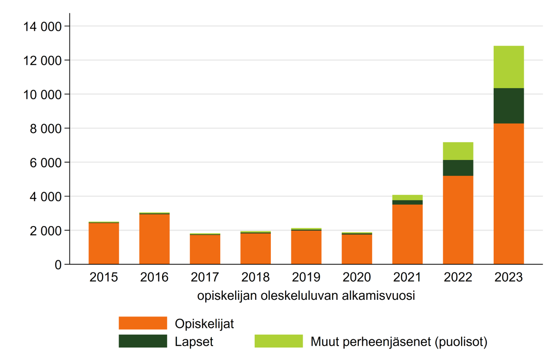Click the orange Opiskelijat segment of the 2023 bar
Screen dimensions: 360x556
(x=508, y=194)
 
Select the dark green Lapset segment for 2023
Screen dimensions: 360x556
(x=508, y=106)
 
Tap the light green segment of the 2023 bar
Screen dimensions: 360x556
(x=508, y=67)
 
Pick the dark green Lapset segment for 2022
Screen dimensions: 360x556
(x=458, y=168)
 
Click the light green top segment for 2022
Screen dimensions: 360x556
(x=458, y=151)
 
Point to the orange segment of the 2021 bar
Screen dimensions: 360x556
(x=407, y=234)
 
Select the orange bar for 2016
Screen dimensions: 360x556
(x=155, y=239)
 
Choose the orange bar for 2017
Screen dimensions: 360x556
(x=205, y=249)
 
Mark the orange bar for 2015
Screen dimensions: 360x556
(x=104, y=243)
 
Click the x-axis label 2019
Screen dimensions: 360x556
(x=306, y=277)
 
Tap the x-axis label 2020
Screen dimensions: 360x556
(x=357, y=277)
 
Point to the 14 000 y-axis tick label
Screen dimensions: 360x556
(x=41, y=27)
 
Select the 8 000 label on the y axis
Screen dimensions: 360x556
(x=45, y=128)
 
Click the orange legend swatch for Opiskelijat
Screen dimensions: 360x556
(x=143, y=323)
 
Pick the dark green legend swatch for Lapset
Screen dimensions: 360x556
(x=143, y=341)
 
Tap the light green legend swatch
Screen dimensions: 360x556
(x=278, y=341)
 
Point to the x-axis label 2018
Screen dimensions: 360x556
(x=256, y=277)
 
